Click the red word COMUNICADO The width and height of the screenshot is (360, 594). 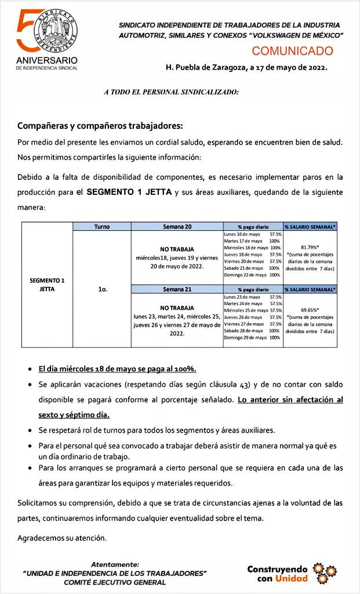click(x=292, y=51)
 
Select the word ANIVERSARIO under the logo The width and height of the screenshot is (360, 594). click(x=46, y=60)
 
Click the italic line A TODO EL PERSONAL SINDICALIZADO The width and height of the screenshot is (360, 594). click(x=171, y=92)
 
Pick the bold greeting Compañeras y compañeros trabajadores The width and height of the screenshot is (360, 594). click(x=100, y=126)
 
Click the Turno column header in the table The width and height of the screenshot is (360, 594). click(x=101, y=226)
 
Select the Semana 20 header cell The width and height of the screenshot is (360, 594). click(x=177, y=226)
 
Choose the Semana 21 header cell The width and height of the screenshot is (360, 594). click(x=177, y=288)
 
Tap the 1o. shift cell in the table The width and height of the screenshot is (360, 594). click(x=101, y=286)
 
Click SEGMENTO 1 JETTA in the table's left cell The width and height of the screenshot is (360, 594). click(x=47, y=284)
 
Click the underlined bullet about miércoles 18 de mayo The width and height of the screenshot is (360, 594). click(x=117, y=368)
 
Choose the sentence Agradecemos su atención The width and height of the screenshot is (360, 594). click(x=62, y=538)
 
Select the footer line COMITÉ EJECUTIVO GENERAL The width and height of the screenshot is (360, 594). click(x=114, y=582)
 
